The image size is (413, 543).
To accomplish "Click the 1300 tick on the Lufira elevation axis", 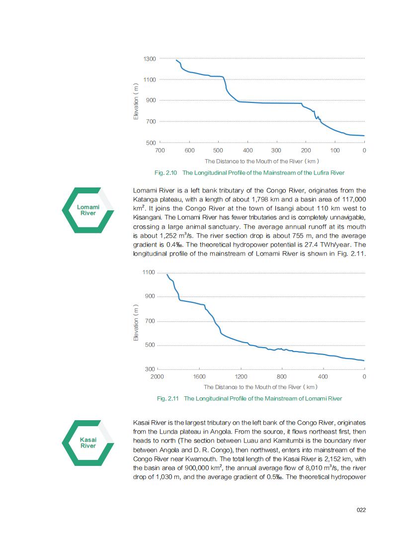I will point(150,59).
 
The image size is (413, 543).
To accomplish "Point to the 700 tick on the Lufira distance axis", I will point(160,150).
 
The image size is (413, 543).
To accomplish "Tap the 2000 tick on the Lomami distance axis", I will point(157,377).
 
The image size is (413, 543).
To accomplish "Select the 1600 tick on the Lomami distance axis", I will point(199,377).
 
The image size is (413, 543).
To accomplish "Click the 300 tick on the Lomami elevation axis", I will point(150,369).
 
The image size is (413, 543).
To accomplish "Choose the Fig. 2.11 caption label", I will point(167,398).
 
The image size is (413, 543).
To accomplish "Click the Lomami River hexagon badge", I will point(88,210).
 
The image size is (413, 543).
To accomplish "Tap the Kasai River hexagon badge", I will point(88,443).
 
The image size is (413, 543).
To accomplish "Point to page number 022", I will point(361,510).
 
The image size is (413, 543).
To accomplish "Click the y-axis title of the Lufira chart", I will point(136,101).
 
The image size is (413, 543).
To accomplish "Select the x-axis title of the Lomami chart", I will point(260,387).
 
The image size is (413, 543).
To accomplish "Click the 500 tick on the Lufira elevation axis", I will point(150,143).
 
